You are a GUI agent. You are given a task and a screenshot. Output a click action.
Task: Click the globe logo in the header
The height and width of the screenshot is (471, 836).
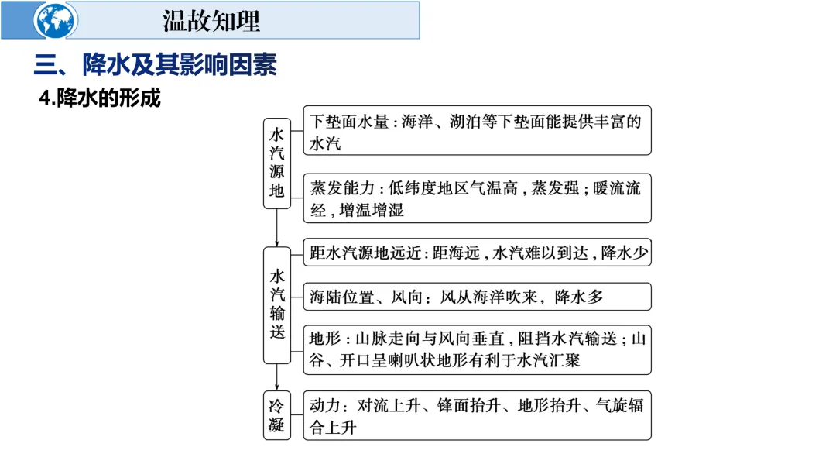56,21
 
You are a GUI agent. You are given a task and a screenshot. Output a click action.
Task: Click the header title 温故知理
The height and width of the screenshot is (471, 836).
211,20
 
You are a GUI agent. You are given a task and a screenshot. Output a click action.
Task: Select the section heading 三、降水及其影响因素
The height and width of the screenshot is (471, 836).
155,65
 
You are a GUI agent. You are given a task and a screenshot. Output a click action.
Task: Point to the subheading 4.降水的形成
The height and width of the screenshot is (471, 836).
100,99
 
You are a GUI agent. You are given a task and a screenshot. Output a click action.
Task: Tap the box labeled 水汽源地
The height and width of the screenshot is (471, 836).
277,163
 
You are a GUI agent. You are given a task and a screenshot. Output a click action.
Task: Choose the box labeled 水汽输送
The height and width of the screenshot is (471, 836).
277,304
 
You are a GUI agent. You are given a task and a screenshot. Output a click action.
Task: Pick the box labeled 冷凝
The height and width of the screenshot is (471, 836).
277,415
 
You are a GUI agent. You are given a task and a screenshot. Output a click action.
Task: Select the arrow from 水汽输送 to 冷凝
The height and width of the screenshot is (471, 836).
277,377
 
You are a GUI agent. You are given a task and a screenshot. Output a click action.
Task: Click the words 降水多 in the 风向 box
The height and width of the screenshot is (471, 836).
577,297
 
